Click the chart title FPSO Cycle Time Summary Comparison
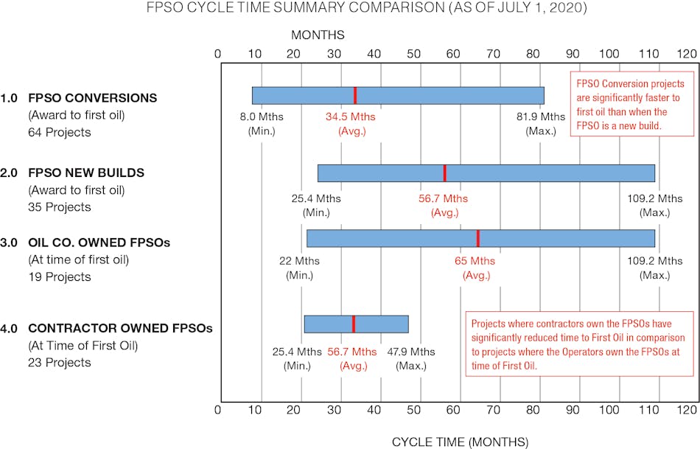[350, 9]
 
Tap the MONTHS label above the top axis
[318, 35]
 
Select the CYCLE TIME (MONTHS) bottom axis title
[460, 442]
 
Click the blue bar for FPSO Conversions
[398, 96]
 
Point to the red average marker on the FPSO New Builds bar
[444, 173]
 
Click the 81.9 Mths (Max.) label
[545, 124]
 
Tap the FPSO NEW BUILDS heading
[86, 173]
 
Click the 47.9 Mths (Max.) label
[413, 358]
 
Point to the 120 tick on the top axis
[687, 54]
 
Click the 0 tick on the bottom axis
[217, 409]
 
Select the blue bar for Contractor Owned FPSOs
[356, 324]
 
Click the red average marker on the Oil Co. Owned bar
[477, 238]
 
